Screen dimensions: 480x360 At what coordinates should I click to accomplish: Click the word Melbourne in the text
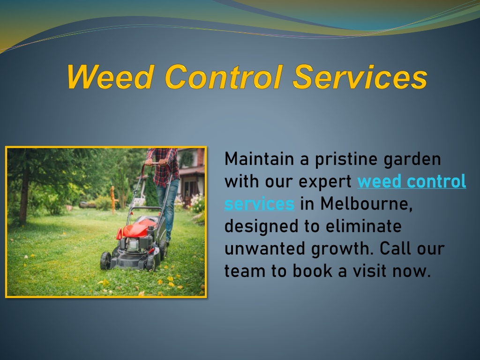pos(367,204)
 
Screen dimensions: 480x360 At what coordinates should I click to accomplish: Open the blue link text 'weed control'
pos(412,181)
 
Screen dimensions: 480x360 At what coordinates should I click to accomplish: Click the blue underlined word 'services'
pos(259,204)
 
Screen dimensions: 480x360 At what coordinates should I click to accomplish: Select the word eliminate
pos(363,226)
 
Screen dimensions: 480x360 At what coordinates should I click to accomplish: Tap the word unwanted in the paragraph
pos(265,248)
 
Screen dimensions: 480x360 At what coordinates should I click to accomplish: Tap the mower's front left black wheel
pos(105,261)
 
